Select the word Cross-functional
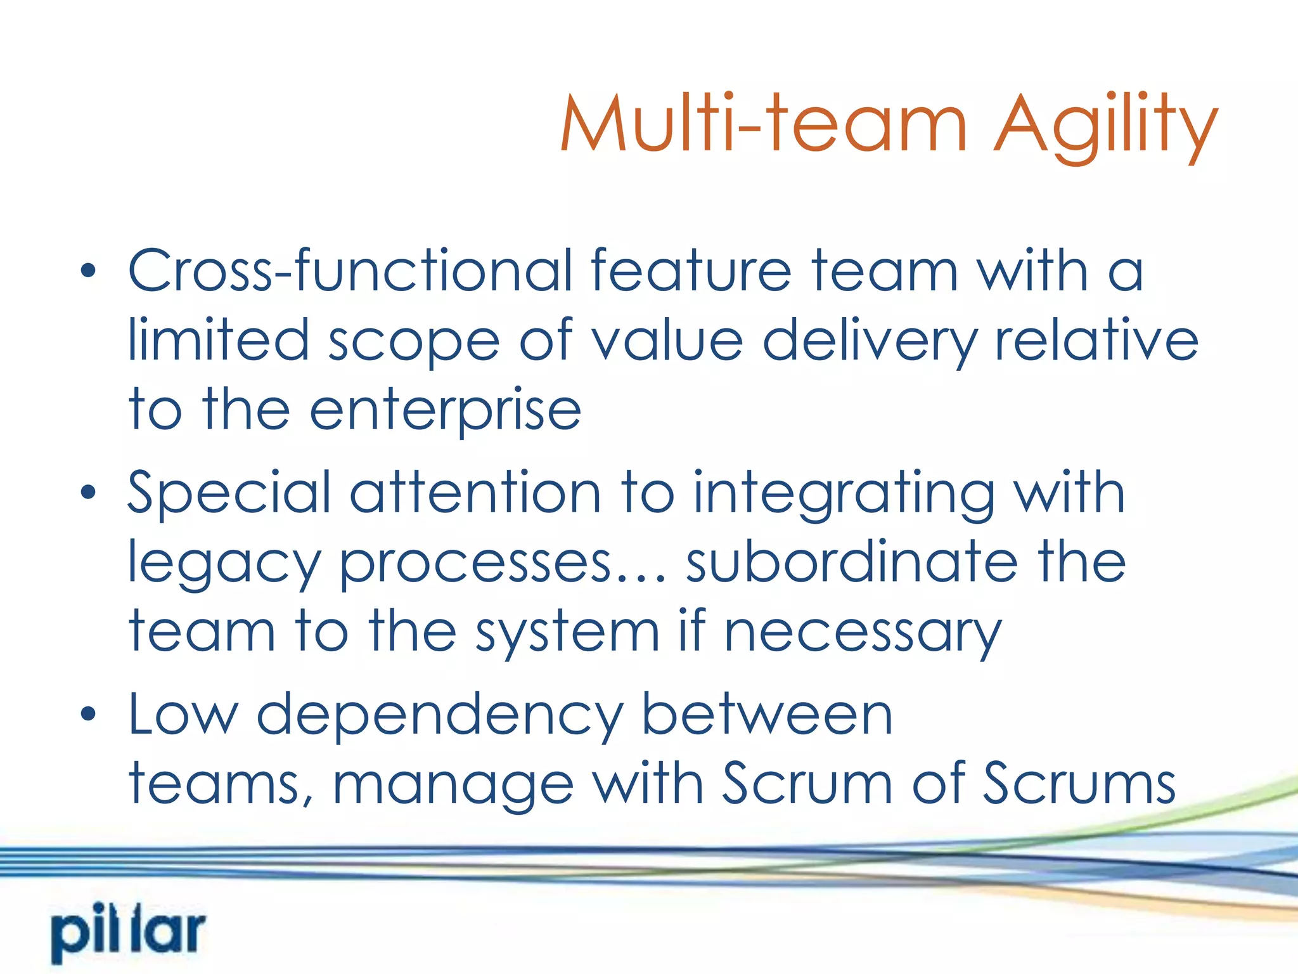[350, 271]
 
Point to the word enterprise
[445, 411]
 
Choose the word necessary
[863, 632]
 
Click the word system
[568, 632]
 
